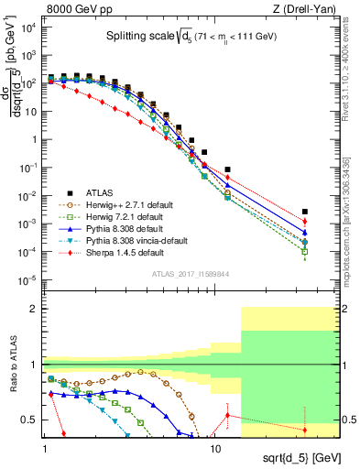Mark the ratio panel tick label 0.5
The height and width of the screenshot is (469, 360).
[x=31, y=420]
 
